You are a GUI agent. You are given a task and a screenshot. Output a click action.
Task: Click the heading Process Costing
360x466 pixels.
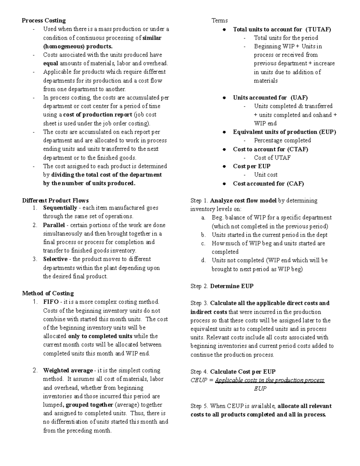tap(44, 20)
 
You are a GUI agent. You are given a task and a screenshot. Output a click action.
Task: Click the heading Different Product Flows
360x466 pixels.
tap(55, 200)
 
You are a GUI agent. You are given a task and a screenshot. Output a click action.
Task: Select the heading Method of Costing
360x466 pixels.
tap(48, 293)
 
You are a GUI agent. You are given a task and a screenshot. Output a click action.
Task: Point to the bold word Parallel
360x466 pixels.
tap(54, 225)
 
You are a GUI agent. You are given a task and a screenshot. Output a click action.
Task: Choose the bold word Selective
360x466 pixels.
tap(55, 259)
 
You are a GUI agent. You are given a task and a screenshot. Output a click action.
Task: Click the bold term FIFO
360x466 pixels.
tap(51, 302)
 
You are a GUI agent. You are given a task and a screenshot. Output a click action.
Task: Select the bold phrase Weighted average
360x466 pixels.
tap(68, 370)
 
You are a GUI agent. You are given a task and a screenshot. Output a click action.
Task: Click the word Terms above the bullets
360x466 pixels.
tap(220, 20)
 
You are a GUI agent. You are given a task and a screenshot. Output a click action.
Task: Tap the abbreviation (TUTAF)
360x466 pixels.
tap(318, 29)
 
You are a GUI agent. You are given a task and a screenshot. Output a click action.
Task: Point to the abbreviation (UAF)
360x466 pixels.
tap(299, 98)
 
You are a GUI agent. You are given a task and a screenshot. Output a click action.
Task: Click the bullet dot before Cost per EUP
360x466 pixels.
tap(224, 167)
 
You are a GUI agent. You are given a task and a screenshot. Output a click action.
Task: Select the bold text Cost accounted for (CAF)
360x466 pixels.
tap(268, 184)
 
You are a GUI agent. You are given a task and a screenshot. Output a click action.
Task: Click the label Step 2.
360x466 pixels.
tap(199, 286)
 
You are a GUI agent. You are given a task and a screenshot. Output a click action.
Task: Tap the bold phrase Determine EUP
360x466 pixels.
tap(232, 286)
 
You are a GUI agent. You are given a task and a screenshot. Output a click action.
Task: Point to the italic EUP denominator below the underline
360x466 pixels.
tap(260, 389)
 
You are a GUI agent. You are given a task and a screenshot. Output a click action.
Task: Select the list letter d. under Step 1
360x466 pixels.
tap(204, 260)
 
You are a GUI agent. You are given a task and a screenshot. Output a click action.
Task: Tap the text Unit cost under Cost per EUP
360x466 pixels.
tap(265, 175)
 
